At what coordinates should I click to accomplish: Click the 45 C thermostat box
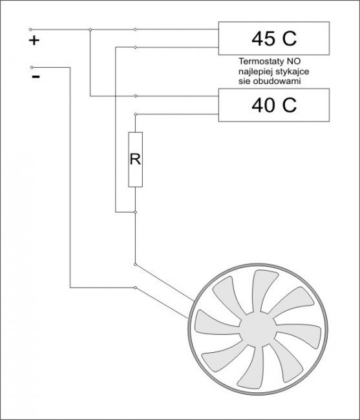[x=274, y=38]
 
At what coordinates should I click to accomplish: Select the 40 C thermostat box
[x=274, y=105]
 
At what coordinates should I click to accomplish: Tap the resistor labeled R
[x=135, y=160]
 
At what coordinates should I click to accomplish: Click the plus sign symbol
[x=34, y=41]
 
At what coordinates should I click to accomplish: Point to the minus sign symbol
[x=36, y=77]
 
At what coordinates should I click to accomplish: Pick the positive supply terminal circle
[x=30, y=29]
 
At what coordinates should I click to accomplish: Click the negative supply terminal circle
[x=32, y=67]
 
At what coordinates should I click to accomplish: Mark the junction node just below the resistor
[x=135, y=212]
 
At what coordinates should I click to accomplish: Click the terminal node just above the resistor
[x=135, y=114]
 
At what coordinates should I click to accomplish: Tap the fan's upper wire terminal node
[x=135, y=264]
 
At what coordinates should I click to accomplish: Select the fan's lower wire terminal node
[x=135, y=288]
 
